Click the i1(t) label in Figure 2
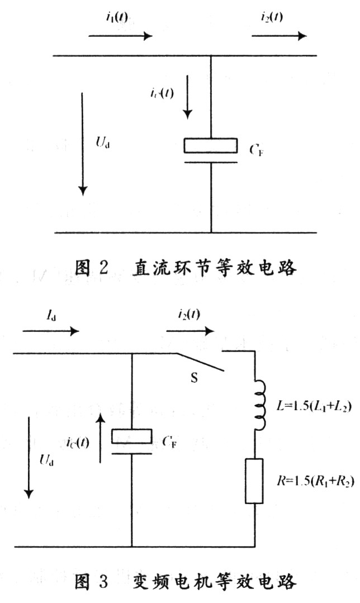pos(116,17)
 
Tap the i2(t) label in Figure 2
pos(271,17)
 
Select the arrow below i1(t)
pos(120,36)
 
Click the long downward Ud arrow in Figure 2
pos(83,143)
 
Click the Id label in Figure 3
pos(49,315)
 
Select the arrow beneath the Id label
pos(50,331)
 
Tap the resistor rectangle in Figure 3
pos(254,481)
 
